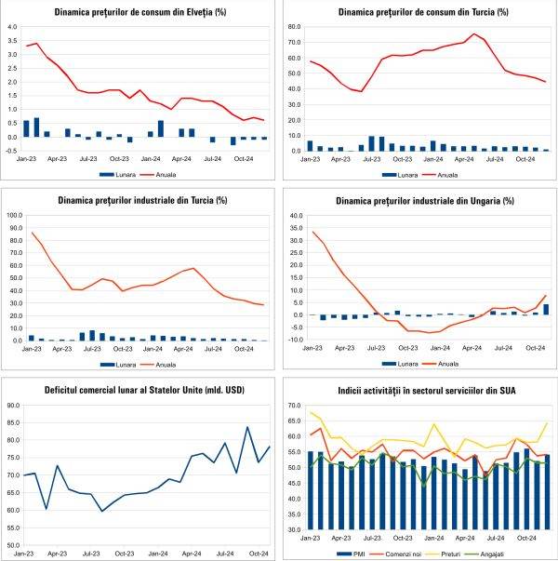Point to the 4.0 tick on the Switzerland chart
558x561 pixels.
pos(12,27)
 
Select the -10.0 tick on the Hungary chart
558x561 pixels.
pos(293,340)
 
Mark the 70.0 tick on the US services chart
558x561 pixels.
pos(293,406)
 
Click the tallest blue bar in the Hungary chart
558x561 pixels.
pos(546,309)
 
